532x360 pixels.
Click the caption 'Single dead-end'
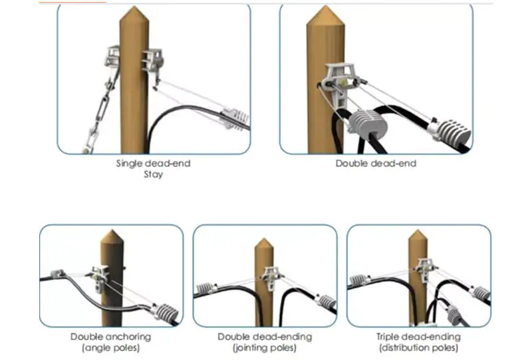154,163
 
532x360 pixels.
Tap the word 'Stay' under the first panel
154,175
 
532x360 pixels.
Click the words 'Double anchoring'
110,337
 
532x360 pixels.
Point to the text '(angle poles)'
110,348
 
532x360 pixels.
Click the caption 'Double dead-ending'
264,337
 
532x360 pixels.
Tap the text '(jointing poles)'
264,348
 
